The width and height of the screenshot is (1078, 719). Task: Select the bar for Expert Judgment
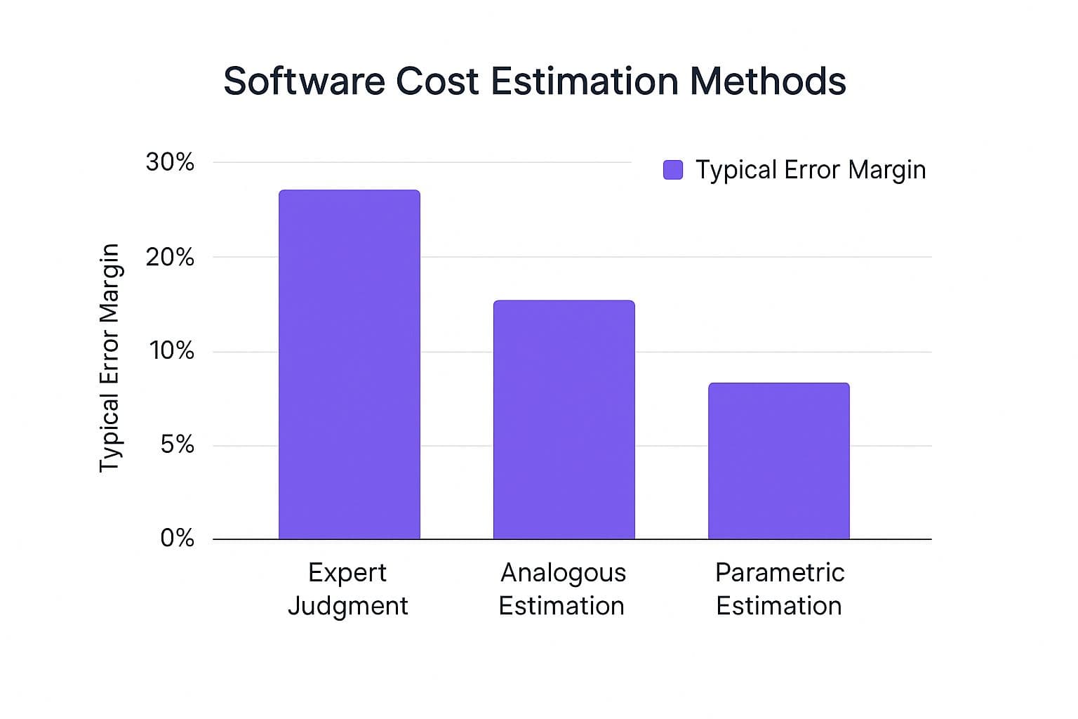350,364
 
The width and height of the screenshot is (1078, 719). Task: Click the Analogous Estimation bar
564,419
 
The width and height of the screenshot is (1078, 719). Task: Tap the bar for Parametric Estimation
778,461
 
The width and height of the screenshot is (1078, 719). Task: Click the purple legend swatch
673,170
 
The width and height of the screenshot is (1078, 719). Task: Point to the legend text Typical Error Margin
811,171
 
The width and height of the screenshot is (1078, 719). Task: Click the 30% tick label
170,162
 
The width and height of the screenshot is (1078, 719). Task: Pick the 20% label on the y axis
170,258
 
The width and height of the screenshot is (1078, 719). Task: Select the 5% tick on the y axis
177,444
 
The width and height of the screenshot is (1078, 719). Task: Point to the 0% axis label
177,538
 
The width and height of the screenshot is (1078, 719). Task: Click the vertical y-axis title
109,358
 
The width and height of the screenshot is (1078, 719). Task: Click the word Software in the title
304,81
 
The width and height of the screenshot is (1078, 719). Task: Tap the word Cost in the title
437,81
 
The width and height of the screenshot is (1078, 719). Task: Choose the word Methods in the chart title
768,81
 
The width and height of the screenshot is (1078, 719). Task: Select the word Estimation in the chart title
584,81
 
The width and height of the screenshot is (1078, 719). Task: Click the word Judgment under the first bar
348,607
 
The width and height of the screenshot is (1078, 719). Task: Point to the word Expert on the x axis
347,573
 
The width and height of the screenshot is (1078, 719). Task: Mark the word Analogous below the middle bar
563,573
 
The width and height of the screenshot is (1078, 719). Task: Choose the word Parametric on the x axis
780,572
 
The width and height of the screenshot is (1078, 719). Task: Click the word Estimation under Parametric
778,606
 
